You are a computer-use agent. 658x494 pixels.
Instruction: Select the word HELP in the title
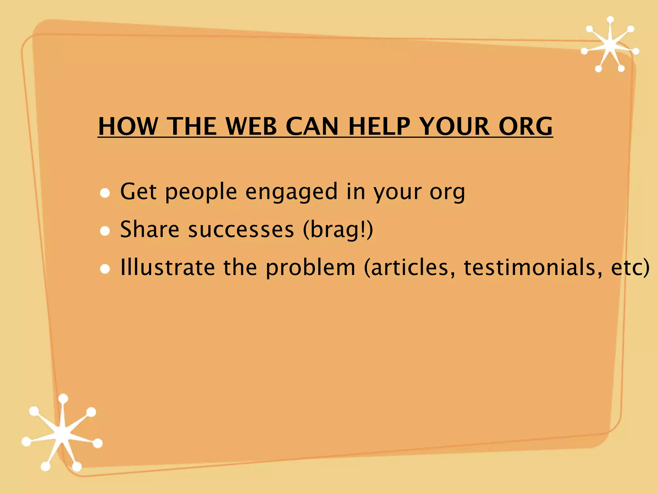click(379, 126)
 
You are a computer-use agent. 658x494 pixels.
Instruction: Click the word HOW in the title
click(128, 126)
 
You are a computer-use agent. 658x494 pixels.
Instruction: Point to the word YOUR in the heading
click(454, 126)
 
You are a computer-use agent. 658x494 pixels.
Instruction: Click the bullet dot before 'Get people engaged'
click(105, 193)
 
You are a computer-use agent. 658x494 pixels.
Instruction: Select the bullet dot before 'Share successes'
click(105, 231)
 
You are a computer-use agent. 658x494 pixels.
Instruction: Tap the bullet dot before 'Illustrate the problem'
click(105, 269)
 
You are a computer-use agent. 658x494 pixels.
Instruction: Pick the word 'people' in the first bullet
click(201, 192)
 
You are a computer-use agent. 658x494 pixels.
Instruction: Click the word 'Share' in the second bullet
click(149, 229)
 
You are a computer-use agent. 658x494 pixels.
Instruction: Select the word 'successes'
click(241, 229)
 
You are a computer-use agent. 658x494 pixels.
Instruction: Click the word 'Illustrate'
click(167, 267)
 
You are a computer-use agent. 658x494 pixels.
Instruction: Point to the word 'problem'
click(310, 268)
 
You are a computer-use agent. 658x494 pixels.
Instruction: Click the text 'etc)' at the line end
click(630, 267)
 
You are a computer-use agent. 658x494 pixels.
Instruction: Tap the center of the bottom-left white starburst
click(62, 434)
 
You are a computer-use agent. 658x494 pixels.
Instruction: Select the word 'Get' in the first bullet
click(138, 192)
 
